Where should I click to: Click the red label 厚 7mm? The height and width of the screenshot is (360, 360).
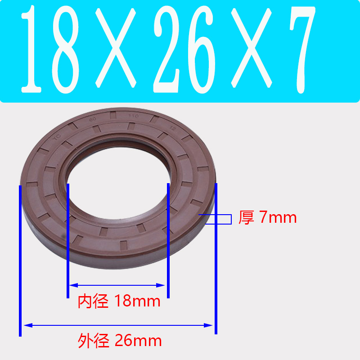267,218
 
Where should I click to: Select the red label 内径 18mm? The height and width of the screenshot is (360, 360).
119,301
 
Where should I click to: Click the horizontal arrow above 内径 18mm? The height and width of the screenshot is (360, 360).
117,285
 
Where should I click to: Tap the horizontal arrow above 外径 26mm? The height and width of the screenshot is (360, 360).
118,325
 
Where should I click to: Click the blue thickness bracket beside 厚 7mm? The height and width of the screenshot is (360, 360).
220,219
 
